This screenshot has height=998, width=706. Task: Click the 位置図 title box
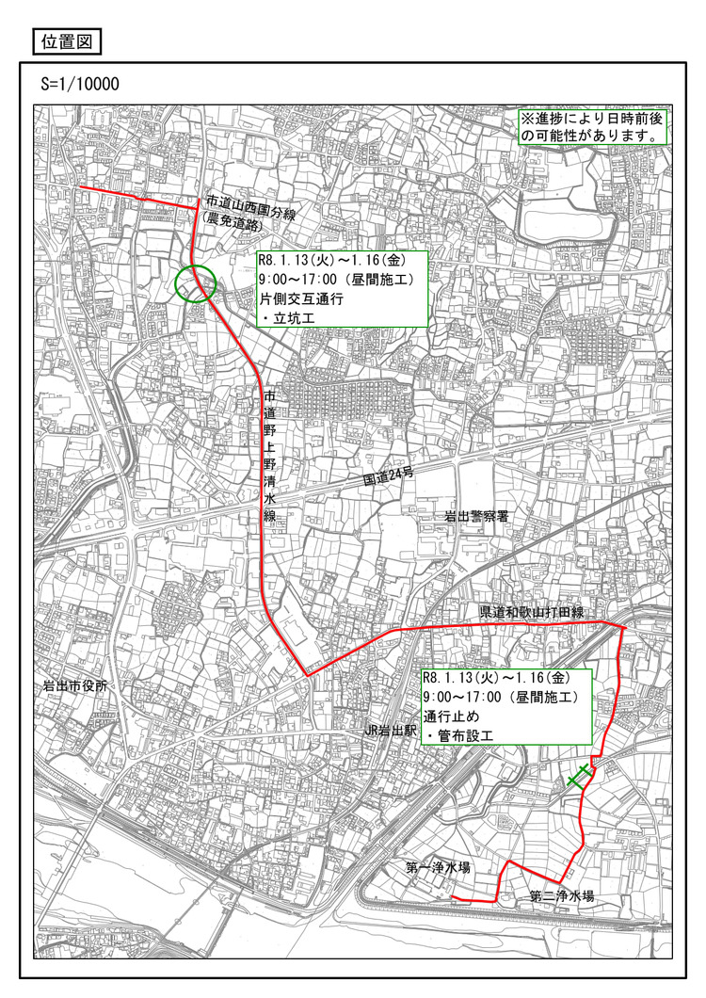click(x=65, y=41)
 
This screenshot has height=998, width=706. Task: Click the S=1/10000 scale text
click(x=80, y=84)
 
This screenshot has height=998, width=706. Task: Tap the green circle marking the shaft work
click(x=196, y=282)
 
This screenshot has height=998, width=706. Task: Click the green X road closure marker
click(x=580, y=777)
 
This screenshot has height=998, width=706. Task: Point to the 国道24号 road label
click(x=389, y=479)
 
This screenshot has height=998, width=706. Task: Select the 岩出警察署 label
click(x=483, y=517)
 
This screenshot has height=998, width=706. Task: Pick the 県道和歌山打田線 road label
click(x=532, y=612)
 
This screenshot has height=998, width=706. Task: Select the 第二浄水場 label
click(x=561, y=896)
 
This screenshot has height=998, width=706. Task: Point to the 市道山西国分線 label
click(x=251, y=201)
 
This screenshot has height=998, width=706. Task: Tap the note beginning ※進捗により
click(x=594, y=127)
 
